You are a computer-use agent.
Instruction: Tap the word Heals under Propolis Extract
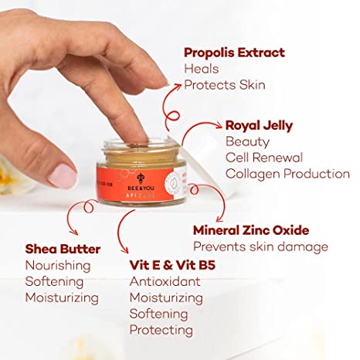(x=201, y=69)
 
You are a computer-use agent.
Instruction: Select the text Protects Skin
(x=225, y=85)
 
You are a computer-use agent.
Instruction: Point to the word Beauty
(x=247, y=141)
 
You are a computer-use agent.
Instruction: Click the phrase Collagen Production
(x=287, y=174)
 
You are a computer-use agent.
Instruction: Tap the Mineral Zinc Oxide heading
(x=251, y=230)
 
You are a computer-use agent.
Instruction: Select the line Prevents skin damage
(x=260, y=247)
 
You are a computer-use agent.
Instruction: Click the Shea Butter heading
(x=63, y=249)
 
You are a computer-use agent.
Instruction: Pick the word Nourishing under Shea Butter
(x=58, y=265)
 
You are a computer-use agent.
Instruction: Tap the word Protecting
(x=161, y=330)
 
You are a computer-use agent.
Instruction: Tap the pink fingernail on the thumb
(x=63, y=175)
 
